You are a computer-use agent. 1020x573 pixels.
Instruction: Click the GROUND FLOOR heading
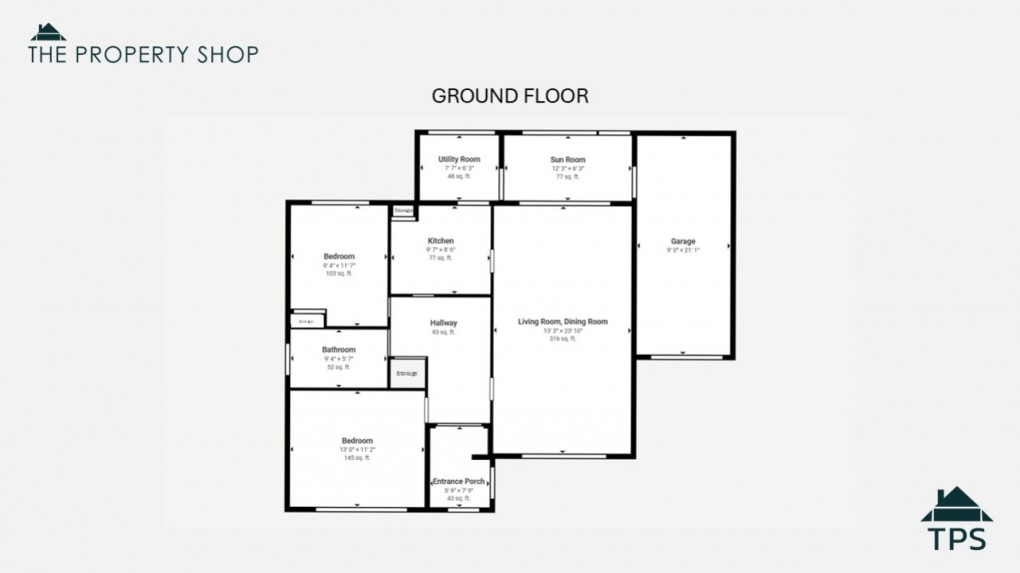(x=509, y=96)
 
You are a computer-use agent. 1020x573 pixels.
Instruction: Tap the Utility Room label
(x=459, y=160)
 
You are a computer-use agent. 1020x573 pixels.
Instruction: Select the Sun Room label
(x=567, y=160)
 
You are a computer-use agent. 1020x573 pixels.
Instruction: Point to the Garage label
(x=683, y=242)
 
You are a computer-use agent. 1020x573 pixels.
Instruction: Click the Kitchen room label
(x=441, y=241)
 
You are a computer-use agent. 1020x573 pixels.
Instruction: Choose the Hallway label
(x=443, y=323)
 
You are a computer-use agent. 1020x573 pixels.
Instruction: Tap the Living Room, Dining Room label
(x=562, y=322)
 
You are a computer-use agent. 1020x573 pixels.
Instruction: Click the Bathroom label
(x=338, y=350)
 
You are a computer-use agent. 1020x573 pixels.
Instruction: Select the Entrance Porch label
(x=458, y=481)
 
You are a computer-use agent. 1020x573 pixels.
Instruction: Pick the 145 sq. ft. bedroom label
(x=357, y=441)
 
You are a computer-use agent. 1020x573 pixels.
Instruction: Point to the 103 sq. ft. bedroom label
(x=339, y=257)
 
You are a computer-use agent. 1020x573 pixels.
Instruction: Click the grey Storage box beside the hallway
(x=406, y=373)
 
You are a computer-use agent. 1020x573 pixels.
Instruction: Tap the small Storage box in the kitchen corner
(x=403, y=211)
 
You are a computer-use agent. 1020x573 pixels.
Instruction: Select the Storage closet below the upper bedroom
(x=307, y=321)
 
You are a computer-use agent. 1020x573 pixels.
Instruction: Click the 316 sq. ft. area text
(x=562, y=339)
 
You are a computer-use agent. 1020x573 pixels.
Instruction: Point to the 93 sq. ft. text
(x=443, y=332)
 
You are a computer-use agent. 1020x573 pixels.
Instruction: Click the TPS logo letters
(x=956, y=538)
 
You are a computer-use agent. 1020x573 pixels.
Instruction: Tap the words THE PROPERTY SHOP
(x=143, y=54)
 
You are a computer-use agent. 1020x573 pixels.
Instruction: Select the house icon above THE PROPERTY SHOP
(x=47, y=31)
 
